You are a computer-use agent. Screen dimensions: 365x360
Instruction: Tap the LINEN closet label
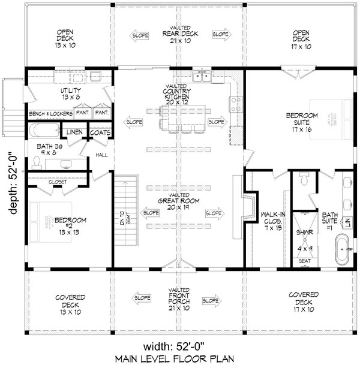pyautogui.click(x=74, y=132)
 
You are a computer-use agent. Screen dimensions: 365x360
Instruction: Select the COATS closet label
pyautogui.click(x=99, y=132)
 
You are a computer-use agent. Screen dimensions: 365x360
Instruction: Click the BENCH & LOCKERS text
pyautogui.click(x=49, y=113)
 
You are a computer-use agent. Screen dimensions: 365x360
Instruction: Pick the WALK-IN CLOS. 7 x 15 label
pyautogui.click(x=267, y=219)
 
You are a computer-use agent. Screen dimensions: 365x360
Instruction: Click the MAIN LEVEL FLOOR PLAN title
pyautogui.click(x=179, y=358)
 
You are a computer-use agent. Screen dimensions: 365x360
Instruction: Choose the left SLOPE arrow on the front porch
pyautogui.click(x=142, y=298)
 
